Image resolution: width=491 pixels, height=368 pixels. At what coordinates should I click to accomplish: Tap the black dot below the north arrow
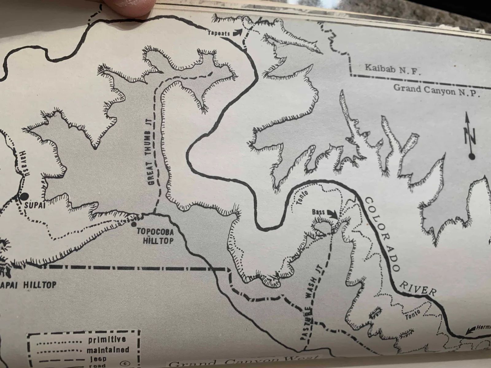[x=472, y=157]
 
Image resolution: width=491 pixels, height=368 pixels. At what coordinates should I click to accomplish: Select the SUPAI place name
[x=34, y=205]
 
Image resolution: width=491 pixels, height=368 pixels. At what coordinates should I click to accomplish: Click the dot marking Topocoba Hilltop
[x=133, y=224]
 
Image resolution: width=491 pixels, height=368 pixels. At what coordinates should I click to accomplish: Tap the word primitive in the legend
[x=107, y=340]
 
